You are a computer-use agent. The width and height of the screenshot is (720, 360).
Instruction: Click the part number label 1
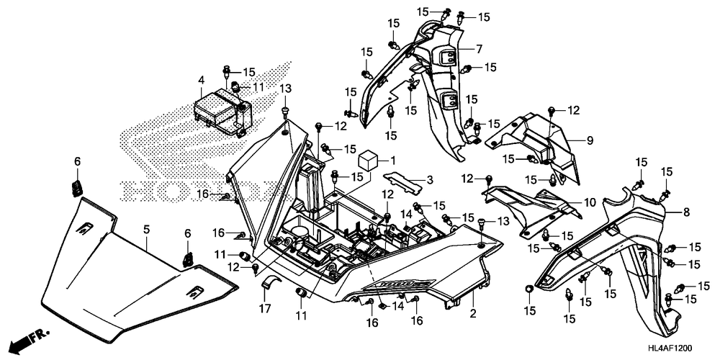coord(392,161)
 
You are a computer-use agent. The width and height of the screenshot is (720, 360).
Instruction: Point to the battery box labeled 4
coord(222,112)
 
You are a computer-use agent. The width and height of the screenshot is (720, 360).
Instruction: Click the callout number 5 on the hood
coord(146,229)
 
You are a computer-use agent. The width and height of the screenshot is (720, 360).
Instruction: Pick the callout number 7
coord(479,48)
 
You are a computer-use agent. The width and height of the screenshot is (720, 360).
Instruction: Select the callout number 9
coord(590,140)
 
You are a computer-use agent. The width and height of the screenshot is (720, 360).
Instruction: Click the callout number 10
coord(590,202)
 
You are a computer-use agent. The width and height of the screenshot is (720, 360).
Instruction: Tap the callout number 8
coord(686,212)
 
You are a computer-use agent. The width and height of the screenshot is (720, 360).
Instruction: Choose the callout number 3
coord(429,181)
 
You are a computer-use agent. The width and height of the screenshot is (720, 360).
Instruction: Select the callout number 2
coord(473,314)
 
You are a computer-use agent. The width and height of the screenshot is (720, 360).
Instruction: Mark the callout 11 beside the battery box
coord(259,87)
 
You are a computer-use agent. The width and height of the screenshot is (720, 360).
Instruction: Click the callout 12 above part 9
coord(574,110)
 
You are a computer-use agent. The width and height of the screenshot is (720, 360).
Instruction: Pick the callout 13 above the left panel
coord(285,88)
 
